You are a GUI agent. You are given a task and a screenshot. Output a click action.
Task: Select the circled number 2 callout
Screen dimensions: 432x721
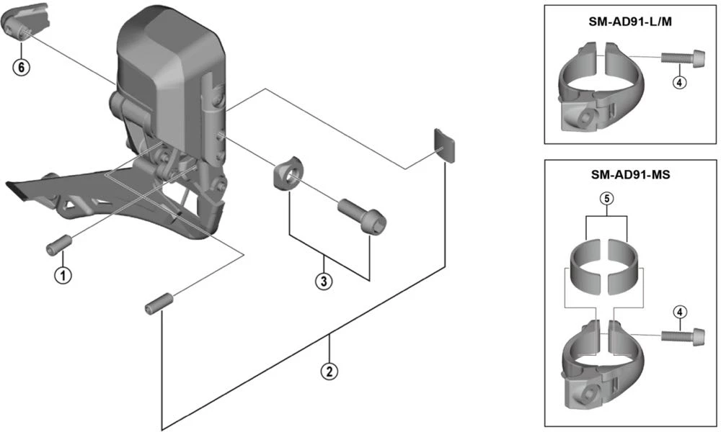(329, 372)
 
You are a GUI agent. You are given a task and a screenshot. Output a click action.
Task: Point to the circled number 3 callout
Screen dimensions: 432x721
(324, 282)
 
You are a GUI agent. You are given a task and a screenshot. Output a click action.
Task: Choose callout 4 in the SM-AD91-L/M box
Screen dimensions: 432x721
(678, 82)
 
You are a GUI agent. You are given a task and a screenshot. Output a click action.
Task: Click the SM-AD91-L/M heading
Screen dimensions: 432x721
(631, 22)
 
